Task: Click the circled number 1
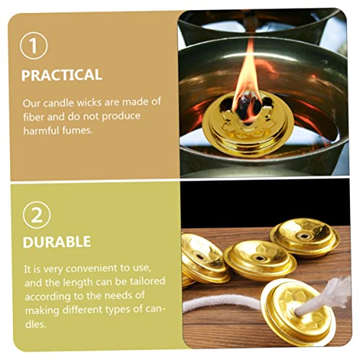pyautogui.click(x=34, y=45)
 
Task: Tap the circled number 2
pyautogui.click(x=37, y=215)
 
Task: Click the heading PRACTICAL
pyautogui.click(x=62, y=75)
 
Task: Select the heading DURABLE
pyautogui.click(x=57, y=242)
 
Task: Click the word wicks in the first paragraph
pyautogui.click(x=89, y=103)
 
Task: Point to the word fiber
pyautogui.click(x=34, y=117)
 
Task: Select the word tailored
pyautogui.click(x=148, y=282)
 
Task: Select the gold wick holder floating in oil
pyautogui.click(x=248, y=125)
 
